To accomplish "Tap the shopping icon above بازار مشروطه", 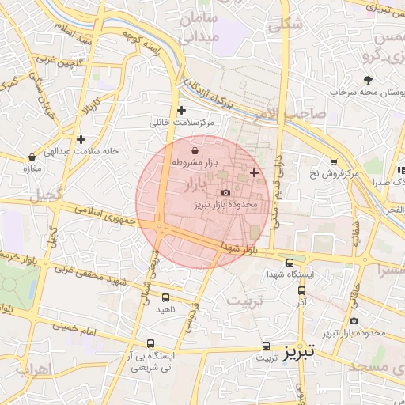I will click(195, 150).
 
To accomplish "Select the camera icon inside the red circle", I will click(226, 192).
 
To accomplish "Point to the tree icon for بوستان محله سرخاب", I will click(369, 79).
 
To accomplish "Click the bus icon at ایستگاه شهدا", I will click(290, 263).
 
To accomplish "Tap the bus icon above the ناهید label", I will click(165, 297).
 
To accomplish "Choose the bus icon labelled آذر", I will click(301, 290).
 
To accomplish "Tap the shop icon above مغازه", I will click(32, 157).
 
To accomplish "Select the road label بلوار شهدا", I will click(240, 248).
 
